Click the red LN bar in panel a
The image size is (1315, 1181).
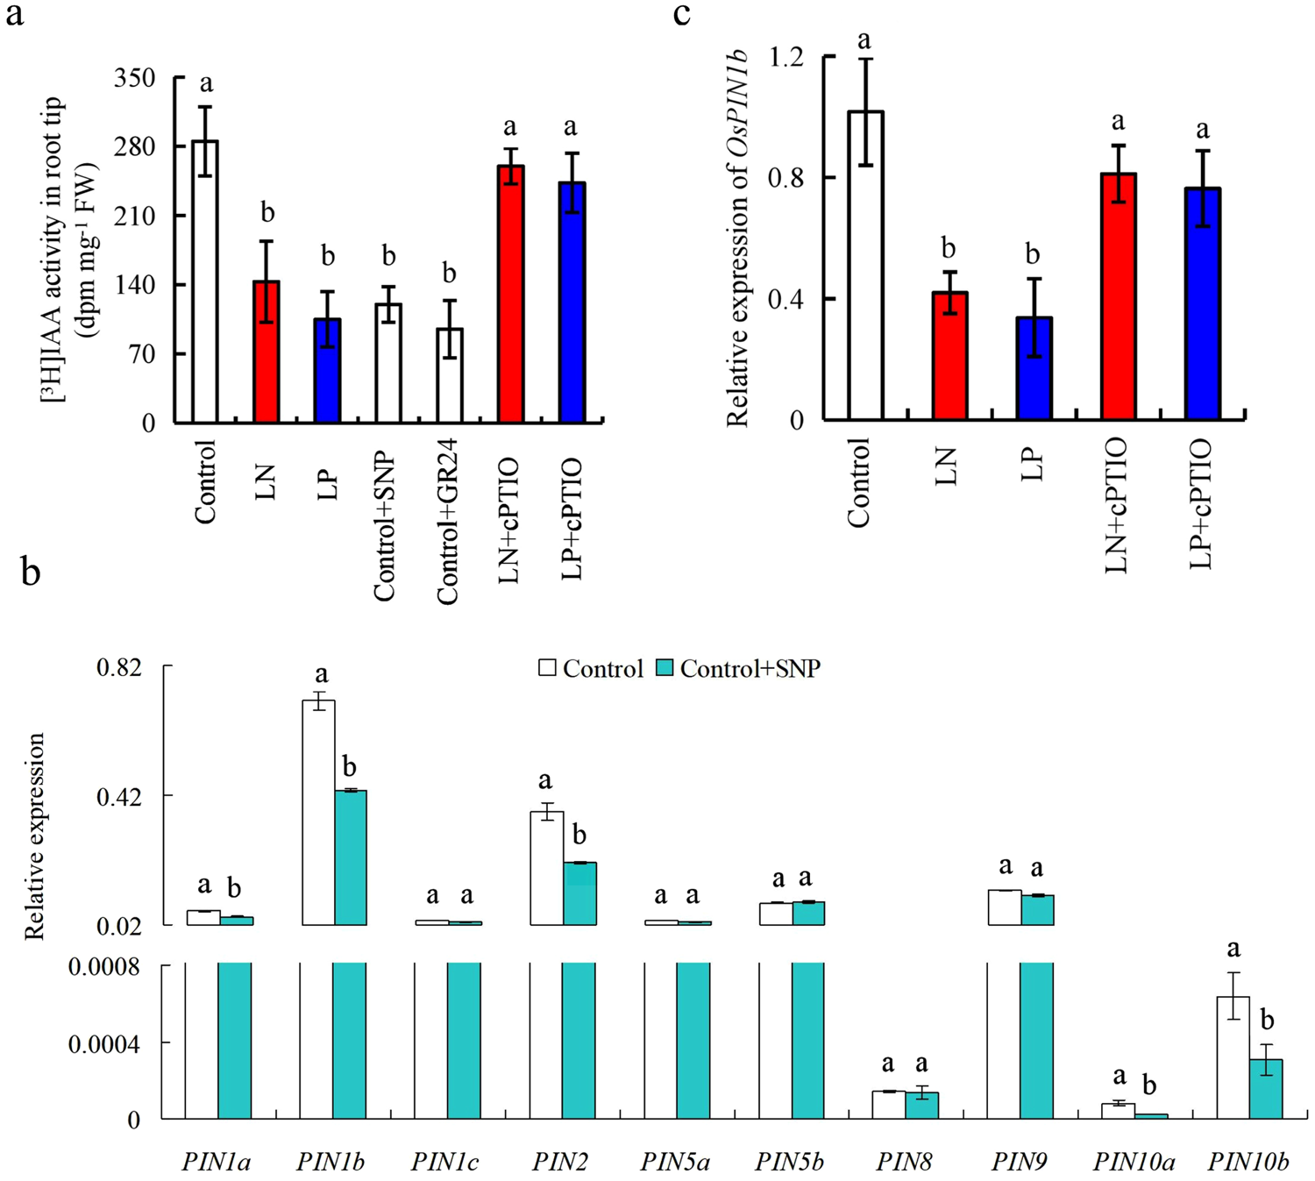(266, 352)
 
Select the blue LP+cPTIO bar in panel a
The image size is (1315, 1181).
(571, 302)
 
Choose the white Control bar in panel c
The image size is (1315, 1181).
(865, 265)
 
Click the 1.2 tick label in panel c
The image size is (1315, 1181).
(785, 57)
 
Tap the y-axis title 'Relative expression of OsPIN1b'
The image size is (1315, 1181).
(737, 237)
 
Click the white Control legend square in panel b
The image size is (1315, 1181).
(548, 668)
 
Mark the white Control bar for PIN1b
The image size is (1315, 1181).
(318, 812)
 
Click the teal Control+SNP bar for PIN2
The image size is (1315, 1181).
(579, 893)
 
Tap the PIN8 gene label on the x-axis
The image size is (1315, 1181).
(904, 1163)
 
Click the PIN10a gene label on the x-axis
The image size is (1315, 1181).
(1134, 1163)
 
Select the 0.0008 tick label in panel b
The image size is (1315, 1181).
(104, 967)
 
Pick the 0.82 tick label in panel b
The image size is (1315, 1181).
(118, 667)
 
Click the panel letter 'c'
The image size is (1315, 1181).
(682, 15)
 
